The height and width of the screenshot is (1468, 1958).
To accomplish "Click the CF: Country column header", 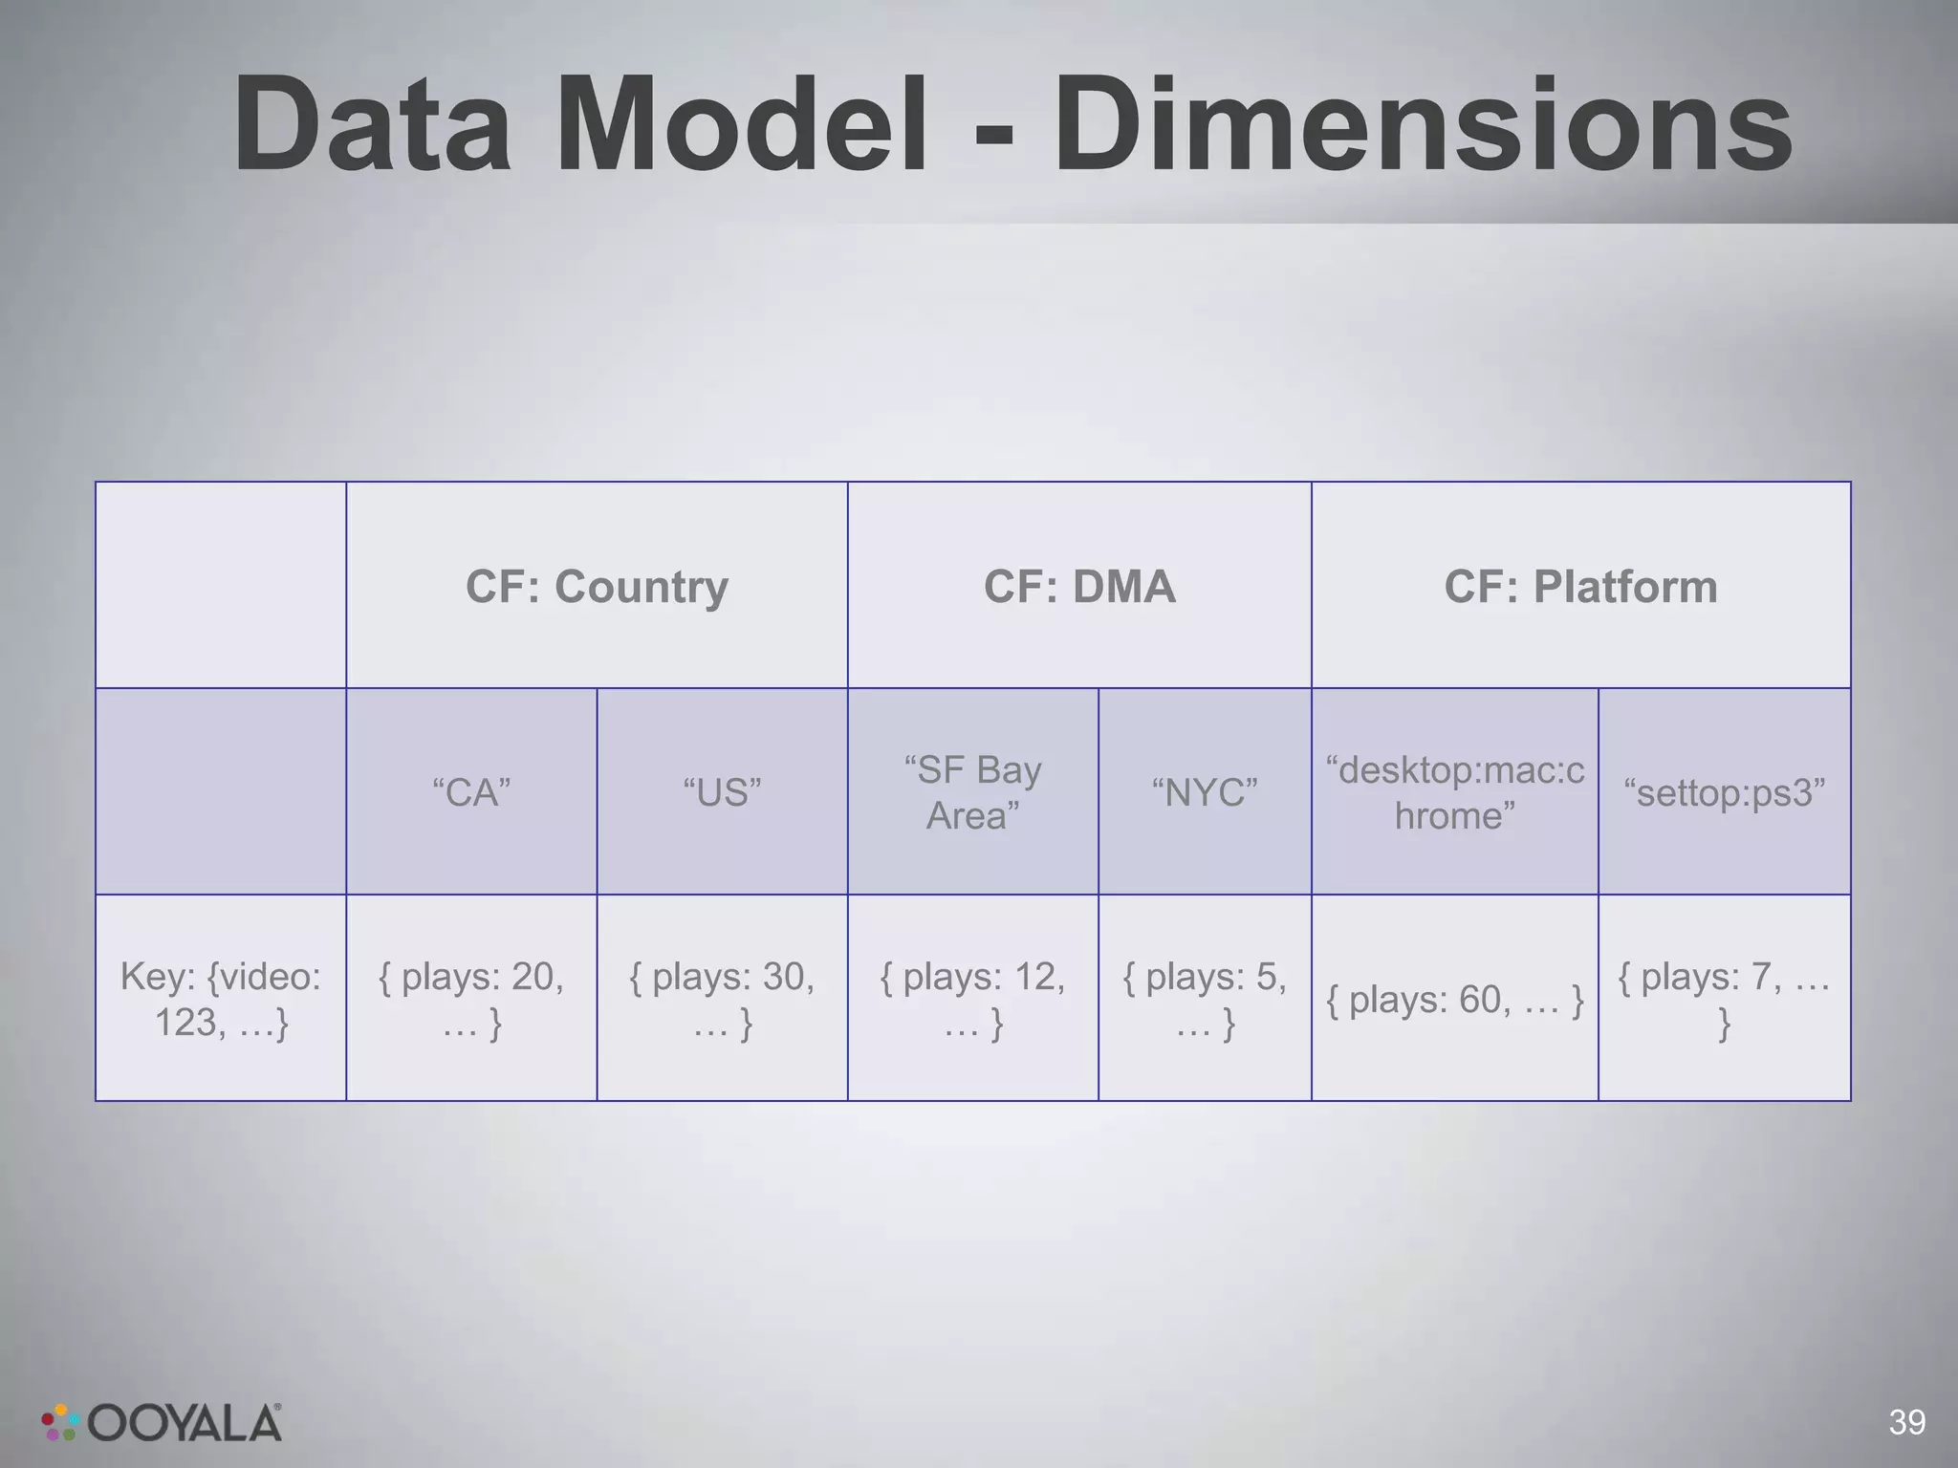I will point(597,586).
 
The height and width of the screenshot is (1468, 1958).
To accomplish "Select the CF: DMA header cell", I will point(1079,586).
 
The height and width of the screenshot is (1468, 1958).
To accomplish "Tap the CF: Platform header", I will point(1580,586).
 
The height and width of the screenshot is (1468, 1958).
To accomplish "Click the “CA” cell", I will point(471,792).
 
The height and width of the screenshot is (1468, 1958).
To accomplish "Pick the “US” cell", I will point(722,792).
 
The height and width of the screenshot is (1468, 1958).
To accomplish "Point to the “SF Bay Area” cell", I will point(972,792).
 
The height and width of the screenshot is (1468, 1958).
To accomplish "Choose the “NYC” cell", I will point(1205,792).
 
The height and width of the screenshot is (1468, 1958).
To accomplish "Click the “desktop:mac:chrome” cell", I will point(1454,792).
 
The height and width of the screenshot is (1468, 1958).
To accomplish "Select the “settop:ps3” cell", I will point(1724,792).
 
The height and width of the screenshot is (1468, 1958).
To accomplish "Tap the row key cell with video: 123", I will point(221,999).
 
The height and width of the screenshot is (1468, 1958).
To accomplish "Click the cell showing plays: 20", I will point(471,999).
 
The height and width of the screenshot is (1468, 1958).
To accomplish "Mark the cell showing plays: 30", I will point(722,999).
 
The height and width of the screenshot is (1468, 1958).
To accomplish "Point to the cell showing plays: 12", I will point(972,999).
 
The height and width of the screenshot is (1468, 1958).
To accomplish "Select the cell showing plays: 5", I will point(1205,999).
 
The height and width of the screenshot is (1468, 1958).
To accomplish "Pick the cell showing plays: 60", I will point(1454,1000).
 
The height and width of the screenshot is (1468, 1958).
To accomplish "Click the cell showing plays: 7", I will point(1724,999).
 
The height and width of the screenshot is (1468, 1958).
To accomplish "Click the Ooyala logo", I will point(163,1423).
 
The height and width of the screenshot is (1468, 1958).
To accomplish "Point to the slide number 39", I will point(1906,1422).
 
